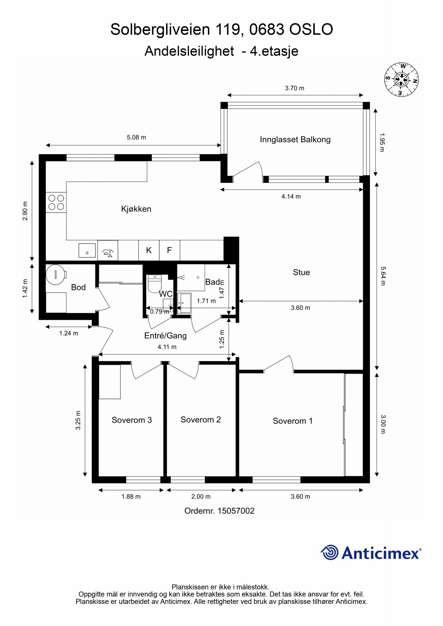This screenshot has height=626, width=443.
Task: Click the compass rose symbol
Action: coord(401,80)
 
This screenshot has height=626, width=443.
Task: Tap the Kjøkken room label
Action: coord(136,209)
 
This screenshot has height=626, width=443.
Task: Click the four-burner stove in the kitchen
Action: coord(56,202)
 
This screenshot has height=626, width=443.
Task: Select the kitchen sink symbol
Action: coord(87,250)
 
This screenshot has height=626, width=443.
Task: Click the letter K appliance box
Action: coord(149,250)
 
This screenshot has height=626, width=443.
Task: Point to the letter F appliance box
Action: coord(169,250)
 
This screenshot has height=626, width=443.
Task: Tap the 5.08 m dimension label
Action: coord(136,137)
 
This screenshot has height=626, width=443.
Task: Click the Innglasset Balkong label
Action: coord(295,139)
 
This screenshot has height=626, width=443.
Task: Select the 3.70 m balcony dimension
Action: coord(294,88)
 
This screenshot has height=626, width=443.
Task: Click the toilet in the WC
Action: coord(154,284)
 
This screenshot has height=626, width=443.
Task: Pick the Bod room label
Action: coord(78,287)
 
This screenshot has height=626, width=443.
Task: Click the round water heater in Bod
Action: coord(56,274)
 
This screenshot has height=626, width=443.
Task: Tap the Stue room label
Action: coord(301,272)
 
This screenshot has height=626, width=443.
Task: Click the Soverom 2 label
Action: coord(200,420)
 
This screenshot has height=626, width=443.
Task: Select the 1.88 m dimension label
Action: coord(131,497)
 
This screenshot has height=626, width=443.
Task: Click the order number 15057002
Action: coord(236,511)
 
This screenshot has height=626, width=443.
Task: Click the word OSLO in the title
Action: coord(311,30)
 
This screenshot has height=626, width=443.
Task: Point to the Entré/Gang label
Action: coord(165,336)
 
